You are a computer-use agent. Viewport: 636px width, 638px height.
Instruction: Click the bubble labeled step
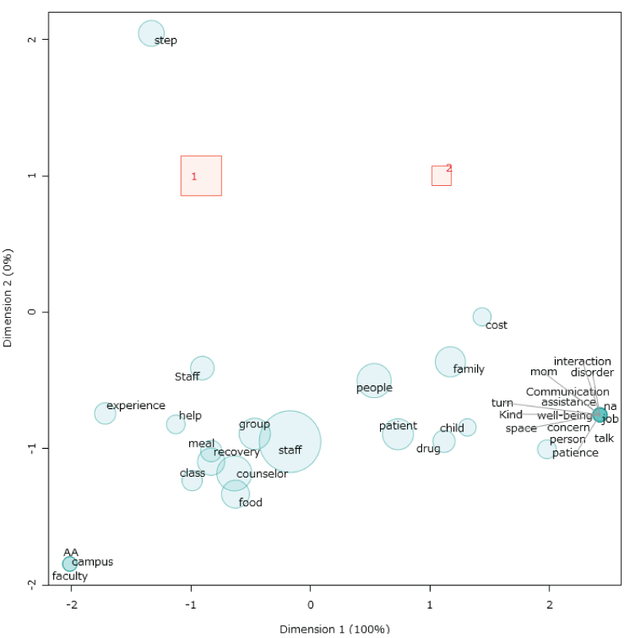click(x=151, y=33)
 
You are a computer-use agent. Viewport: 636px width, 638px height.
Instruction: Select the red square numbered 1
click(x=201, y=176)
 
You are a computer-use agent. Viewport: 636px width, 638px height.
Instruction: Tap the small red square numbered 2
click(x=441, y=176)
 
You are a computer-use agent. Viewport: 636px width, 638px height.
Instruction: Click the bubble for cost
click(x=482, y=317)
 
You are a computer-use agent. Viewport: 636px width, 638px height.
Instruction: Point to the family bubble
click(x=451, y=362)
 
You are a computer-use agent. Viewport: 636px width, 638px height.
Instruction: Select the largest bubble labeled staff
click(x=290, y=442)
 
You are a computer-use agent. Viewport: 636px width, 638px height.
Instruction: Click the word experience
click(x=136, y=406)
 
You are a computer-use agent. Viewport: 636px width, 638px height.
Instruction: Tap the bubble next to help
click(x=176, y=424)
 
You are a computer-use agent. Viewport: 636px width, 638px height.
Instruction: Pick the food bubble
click(x=235, y=494)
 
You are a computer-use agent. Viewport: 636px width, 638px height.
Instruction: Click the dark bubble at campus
click(x=70, y=564)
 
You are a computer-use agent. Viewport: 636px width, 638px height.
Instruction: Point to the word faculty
click(x=70, y=576)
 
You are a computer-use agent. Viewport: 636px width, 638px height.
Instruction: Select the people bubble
click(x=374, y=381)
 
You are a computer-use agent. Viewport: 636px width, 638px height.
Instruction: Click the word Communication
click(x=568, y=392)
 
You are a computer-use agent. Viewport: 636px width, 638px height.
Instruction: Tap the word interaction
click(x=583, y=362)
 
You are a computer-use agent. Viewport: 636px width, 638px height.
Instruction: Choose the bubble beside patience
click(x=546, y=450)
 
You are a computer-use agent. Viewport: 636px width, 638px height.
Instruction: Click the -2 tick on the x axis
click(x=72, y=601)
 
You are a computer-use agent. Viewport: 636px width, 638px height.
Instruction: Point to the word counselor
click(x=262, y=474)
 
